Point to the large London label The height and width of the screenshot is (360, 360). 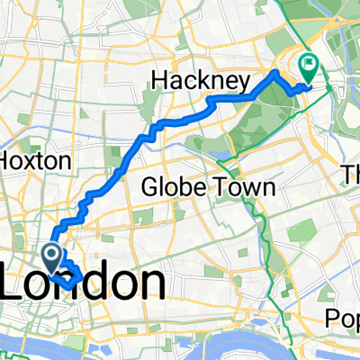(83, 286)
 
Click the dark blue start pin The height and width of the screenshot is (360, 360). (50, 256)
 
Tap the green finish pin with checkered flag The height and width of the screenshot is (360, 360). (310, 66)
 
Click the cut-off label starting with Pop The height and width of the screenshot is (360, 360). (342, 318)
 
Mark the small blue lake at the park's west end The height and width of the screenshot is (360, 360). (222, 154)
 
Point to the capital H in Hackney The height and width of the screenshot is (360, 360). (159, 82)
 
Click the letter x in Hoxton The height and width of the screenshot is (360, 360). (34, 161)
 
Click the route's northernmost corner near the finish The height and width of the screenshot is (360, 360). (274, 71)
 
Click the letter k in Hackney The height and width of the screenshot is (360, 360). (204, 81)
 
